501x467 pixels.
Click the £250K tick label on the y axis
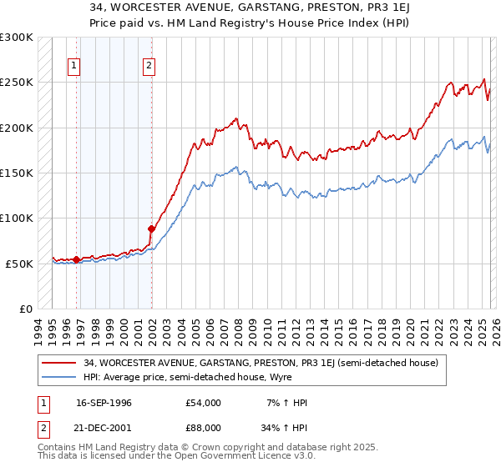[17, 83]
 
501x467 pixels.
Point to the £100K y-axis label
[17, 218]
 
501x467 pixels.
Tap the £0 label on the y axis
[25, 309]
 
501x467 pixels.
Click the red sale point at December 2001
[152, 228]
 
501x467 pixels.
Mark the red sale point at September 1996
[77, 259]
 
